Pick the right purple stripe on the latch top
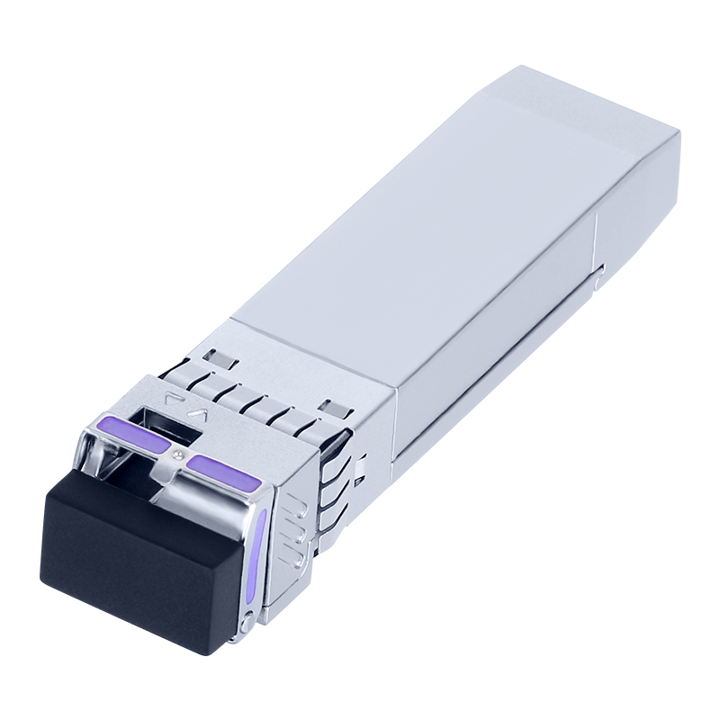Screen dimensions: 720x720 [x=225, y=472]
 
